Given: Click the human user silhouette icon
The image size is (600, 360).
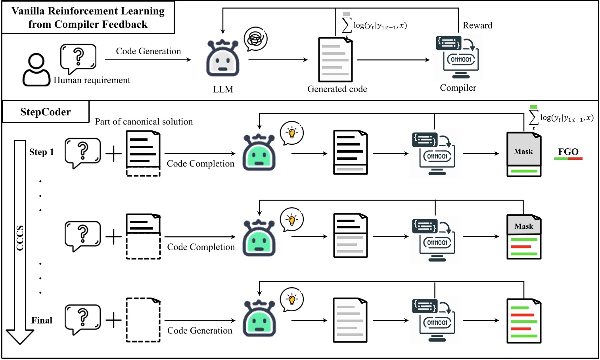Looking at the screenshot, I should [x=36, y=70].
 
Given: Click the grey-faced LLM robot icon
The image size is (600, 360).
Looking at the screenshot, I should [x=222, y=59].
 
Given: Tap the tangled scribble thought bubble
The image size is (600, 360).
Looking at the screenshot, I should [x=255, y=39].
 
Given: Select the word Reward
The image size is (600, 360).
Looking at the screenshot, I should [x=477, y=25].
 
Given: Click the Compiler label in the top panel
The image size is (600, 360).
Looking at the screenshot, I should [x=458, y=88].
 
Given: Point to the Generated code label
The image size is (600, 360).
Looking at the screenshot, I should [x=337, y=89].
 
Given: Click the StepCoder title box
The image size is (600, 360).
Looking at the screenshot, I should [x=46, y=112].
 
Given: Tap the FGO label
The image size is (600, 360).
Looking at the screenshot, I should [x=568, y=152].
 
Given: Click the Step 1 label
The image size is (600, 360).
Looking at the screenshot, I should [x=41, y=152].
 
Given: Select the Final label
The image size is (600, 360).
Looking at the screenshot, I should [x=42, y=320].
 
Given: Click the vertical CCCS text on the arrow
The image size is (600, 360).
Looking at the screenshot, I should [x=20, y=238].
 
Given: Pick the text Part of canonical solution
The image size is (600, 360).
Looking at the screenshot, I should [x=144, y=122].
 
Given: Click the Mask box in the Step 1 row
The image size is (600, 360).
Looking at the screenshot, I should [x=523, y=151].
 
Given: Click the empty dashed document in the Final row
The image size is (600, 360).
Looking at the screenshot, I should [x=143, y=320].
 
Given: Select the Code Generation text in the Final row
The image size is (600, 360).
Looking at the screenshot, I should [x=199, y=331].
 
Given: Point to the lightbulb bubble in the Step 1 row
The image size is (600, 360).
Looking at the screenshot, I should [x=291, y=134].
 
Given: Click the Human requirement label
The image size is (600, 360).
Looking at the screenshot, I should [x=92, y=80].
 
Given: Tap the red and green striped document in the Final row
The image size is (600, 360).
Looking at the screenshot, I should [x=524, y=321].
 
